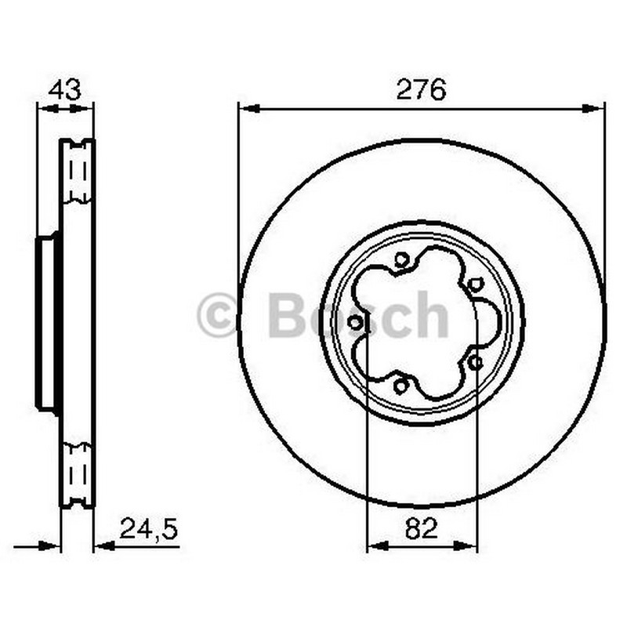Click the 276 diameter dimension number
click(421, 89)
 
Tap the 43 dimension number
click(65, 89)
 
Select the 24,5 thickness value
click(148, 528)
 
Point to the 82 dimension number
click(422, 528)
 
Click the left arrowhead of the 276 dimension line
click(251, 108)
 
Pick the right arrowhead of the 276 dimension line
click(592, 108)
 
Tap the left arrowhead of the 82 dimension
click(378, 545)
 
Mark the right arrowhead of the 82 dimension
click(465, 545)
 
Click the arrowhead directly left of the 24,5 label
click(105, 545)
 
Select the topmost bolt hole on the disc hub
click(401, 260)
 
